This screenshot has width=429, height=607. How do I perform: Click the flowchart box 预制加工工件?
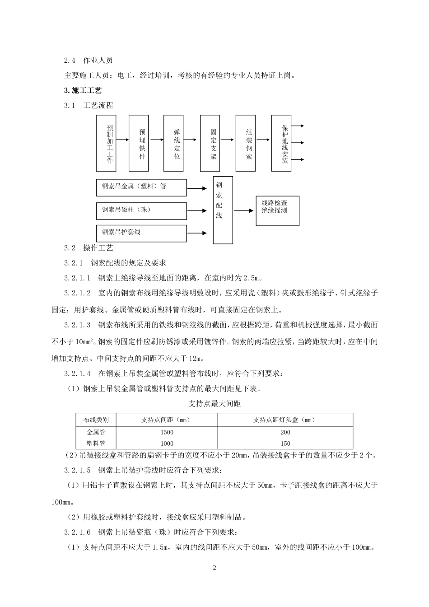pyautogui.click(x=106, y=143)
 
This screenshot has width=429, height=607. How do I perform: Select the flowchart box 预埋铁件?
pyautogui.click(x=139, y=143)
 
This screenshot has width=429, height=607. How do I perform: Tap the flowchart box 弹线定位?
pyautogui.click(x=173, y=143)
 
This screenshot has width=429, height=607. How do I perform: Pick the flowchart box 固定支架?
pyautogui.click(x=210, y=143)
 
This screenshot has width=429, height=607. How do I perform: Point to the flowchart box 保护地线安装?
pyautogui.click(x=281, y=143)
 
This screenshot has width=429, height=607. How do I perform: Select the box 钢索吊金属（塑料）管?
pyautogui.click(x=141, y=187)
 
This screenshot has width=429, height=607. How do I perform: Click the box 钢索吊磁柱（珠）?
pyautogui.click(x=141, y=211)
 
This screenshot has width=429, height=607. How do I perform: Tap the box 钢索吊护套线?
pyautogui.click(x=141, y=233)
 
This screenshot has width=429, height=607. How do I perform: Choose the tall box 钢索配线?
pyautogui.click(x=223, y=209)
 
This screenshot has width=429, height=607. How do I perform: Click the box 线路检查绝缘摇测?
pyautogui.click(x=277, y=210)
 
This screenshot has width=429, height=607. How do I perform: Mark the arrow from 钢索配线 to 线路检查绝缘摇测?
pyautogui.click(x=244, y=210)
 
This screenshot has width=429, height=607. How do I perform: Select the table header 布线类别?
pyautogui.click(x=96, y=420)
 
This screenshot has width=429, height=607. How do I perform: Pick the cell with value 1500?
pyautogui.click(x=167, y=432)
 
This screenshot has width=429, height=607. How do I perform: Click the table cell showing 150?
pyautogui.click(x=285, y=444)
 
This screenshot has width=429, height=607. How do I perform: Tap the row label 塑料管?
pyautogui.click(x=96, y=444)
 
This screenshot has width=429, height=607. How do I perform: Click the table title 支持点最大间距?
pyautogui.click(x=214, y=403)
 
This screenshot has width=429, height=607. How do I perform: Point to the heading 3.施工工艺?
pyautogui.click(x=83, y=90)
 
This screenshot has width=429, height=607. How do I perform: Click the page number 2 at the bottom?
pyautogui.click(x=214, y=568)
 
